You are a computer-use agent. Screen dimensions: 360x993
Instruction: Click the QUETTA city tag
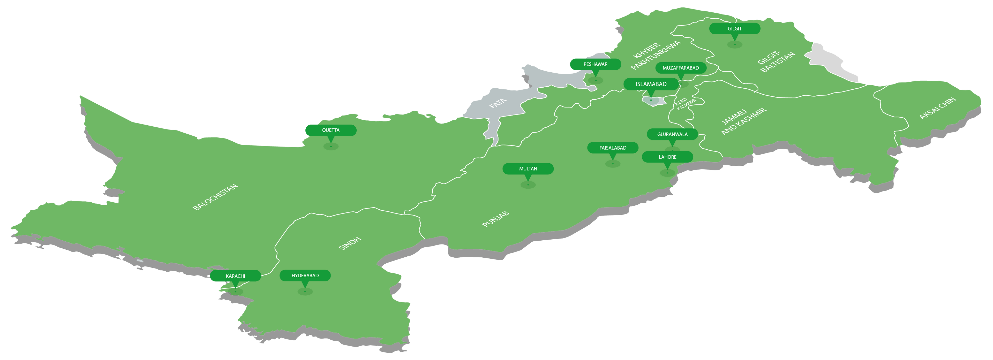pyautogui.click(x=330, y=130)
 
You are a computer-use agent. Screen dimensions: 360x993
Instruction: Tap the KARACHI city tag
pyautogui.click(x=235, y=276)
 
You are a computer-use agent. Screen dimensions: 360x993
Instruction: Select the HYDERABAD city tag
pyautogui.click(x=305, y=275)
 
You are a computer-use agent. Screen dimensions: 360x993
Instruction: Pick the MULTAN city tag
pyautogui.click(x=528, y=169)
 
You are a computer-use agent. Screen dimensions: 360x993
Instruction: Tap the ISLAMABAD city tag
pyautogui.click(x=651, y=84)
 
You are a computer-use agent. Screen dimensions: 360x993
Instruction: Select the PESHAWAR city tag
pyautogui.click(x=595, y=64)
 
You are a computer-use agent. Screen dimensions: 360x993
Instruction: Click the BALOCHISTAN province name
pyautogui.click(x=215, y=197)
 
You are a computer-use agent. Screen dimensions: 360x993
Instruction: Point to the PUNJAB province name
pyautogui.click(x=495, y=219)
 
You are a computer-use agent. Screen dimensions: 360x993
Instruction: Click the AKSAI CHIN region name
pyautogui.click(x=937, y=108)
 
